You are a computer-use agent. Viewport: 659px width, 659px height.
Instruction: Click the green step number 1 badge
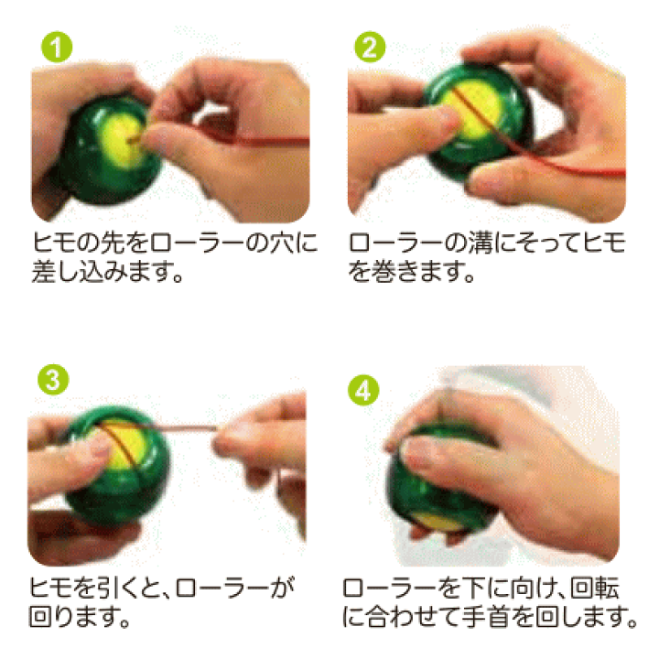tap(57, 47)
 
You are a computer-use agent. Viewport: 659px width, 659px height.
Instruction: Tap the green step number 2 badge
tap(370, 47)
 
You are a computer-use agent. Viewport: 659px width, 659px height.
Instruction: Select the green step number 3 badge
tap(53, 380)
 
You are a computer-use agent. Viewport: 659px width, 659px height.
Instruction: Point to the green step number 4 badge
tap(363, 390)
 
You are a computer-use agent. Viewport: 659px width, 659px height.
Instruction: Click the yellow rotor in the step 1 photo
tap(120, 141)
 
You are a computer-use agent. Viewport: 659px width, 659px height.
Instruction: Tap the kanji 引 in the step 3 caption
tap(89, 588)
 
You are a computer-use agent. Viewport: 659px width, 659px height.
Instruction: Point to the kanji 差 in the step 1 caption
tap(44, 272)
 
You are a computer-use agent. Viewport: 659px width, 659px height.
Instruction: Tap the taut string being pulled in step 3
tap(180, 427)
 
